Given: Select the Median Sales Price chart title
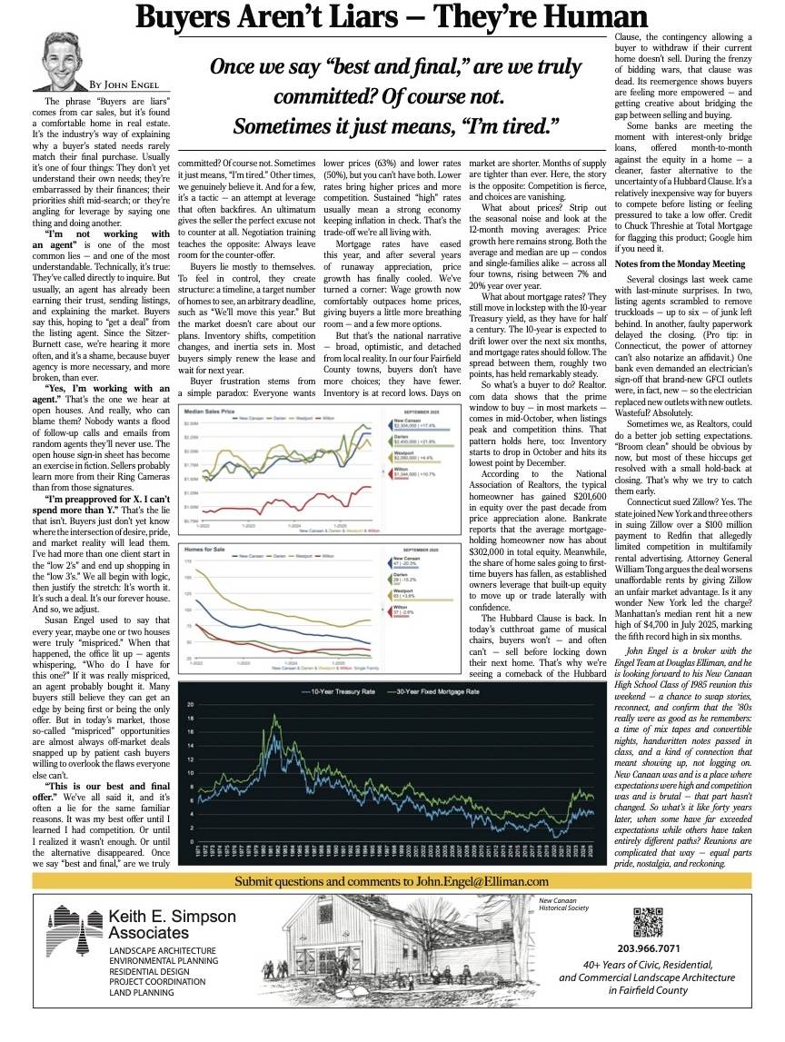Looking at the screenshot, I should click(x=210, y=412).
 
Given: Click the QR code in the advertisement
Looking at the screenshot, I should click(x=641, y=921).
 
